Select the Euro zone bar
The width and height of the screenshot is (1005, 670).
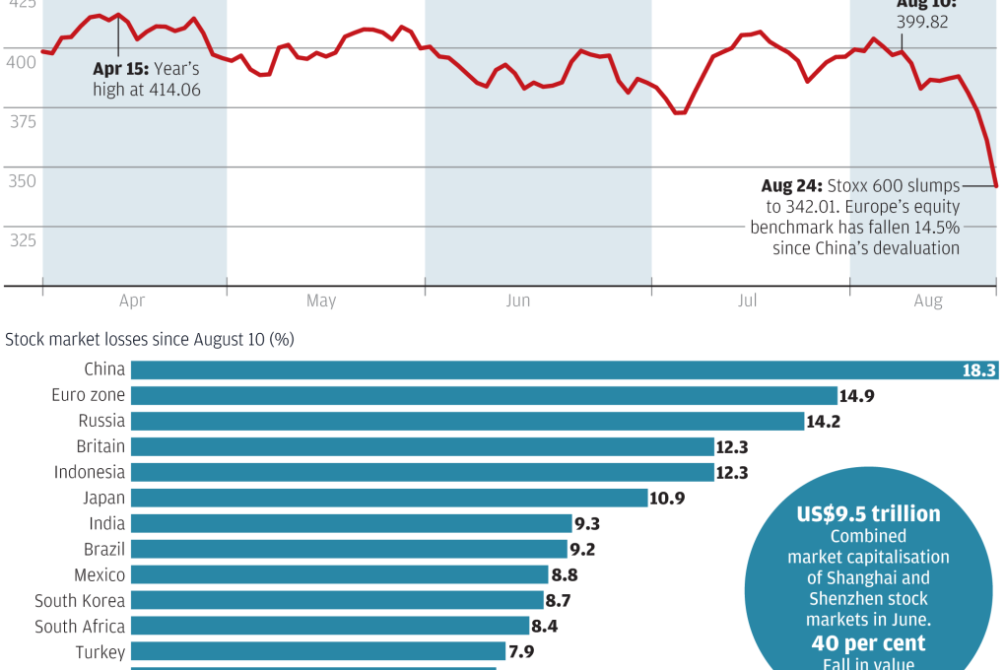coord(483,395)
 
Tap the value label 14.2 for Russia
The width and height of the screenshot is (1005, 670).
coord(825,422)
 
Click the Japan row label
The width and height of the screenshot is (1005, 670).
coord(103,498)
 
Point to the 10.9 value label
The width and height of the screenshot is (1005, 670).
coord(668,499)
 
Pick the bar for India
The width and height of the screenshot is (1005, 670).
coord(351,523)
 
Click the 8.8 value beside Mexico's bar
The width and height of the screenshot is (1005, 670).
coord(568,575)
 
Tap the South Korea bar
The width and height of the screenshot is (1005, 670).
coord(337,600)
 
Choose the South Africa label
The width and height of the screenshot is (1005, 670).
coord(80,627)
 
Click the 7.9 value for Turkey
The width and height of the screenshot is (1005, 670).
coord(520,652)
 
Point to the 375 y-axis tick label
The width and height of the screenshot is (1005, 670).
coord(21,121)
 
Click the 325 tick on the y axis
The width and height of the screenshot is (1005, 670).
coord(21,240)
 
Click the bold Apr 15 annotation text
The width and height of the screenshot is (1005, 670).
coord(121,69)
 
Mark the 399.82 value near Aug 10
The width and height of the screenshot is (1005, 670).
coord(921,22)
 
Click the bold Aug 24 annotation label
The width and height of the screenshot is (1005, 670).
coord(791,185)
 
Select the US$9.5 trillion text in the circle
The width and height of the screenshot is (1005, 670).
coord(868,514)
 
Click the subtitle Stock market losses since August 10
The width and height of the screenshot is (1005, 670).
coord(150,340)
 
